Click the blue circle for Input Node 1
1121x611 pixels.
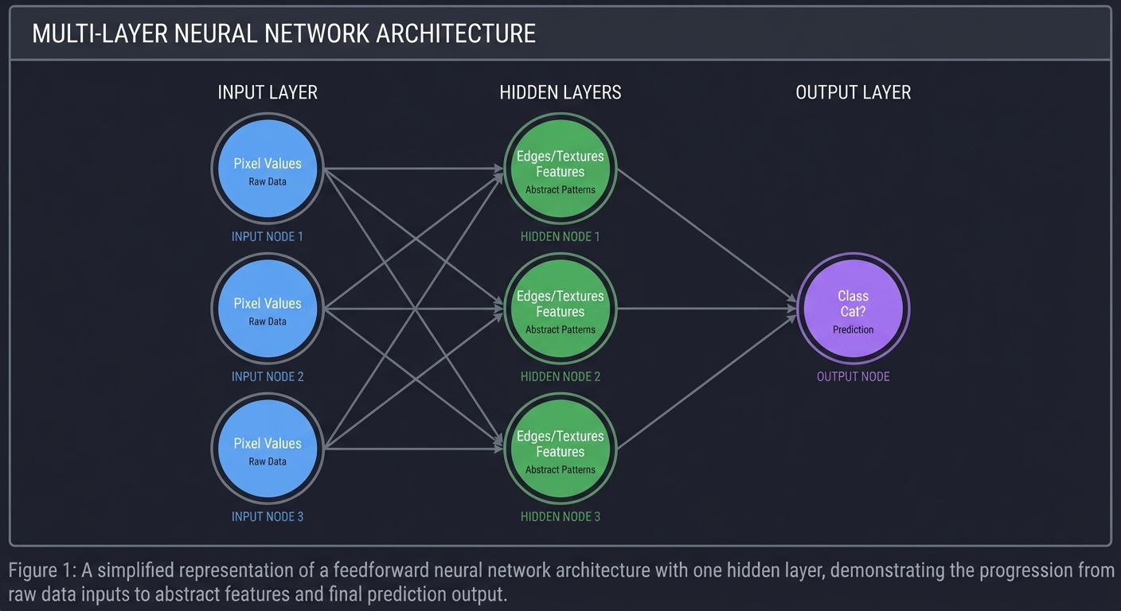coord(268,169)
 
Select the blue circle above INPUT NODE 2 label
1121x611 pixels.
coord(268,309)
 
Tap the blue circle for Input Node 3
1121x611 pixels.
coord(268,449)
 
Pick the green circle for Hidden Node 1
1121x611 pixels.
coord(560,169)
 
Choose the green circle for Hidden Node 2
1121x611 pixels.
coord(560,309)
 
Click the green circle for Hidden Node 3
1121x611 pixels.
coord(560,449)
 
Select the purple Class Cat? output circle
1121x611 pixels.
coord(853,309)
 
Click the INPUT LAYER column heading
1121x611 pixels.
coord(268,92)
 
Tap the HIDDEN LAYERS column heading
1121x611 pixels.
coord(560,92)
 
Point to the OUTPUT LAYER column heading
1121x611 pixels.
coord(853,92)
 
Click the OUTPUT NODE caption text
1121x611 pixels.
coord(853,376)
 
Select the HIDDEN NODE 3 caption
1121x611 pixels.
coord(560,516)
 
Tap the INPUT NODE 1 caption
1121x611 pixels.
coord(268,236)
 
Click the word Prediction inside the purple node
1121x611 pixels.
coord(853,329)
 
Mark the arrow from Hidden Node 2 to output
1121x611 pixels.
coord(709,309)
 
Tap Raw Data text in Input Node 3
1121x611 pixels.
coord(268,461)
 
